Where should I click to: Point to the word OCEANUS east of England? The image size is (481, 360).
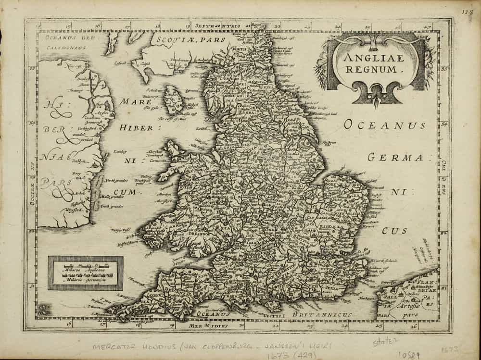coord(384,125)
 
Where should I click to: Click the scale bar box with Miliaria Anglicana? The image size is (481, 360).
coord(85,273)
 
